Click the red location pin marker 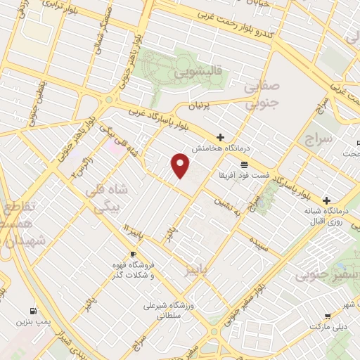pos(181,164)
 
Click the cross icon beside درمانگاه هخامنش pos(221,137)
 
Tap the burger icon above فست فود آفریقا pos(243,162)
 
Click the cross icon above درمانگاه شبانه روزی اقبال pos(327,200)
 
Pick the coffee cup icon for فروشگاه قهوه pos(133,254)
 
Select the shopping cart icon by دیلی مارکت pos(327,316)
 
